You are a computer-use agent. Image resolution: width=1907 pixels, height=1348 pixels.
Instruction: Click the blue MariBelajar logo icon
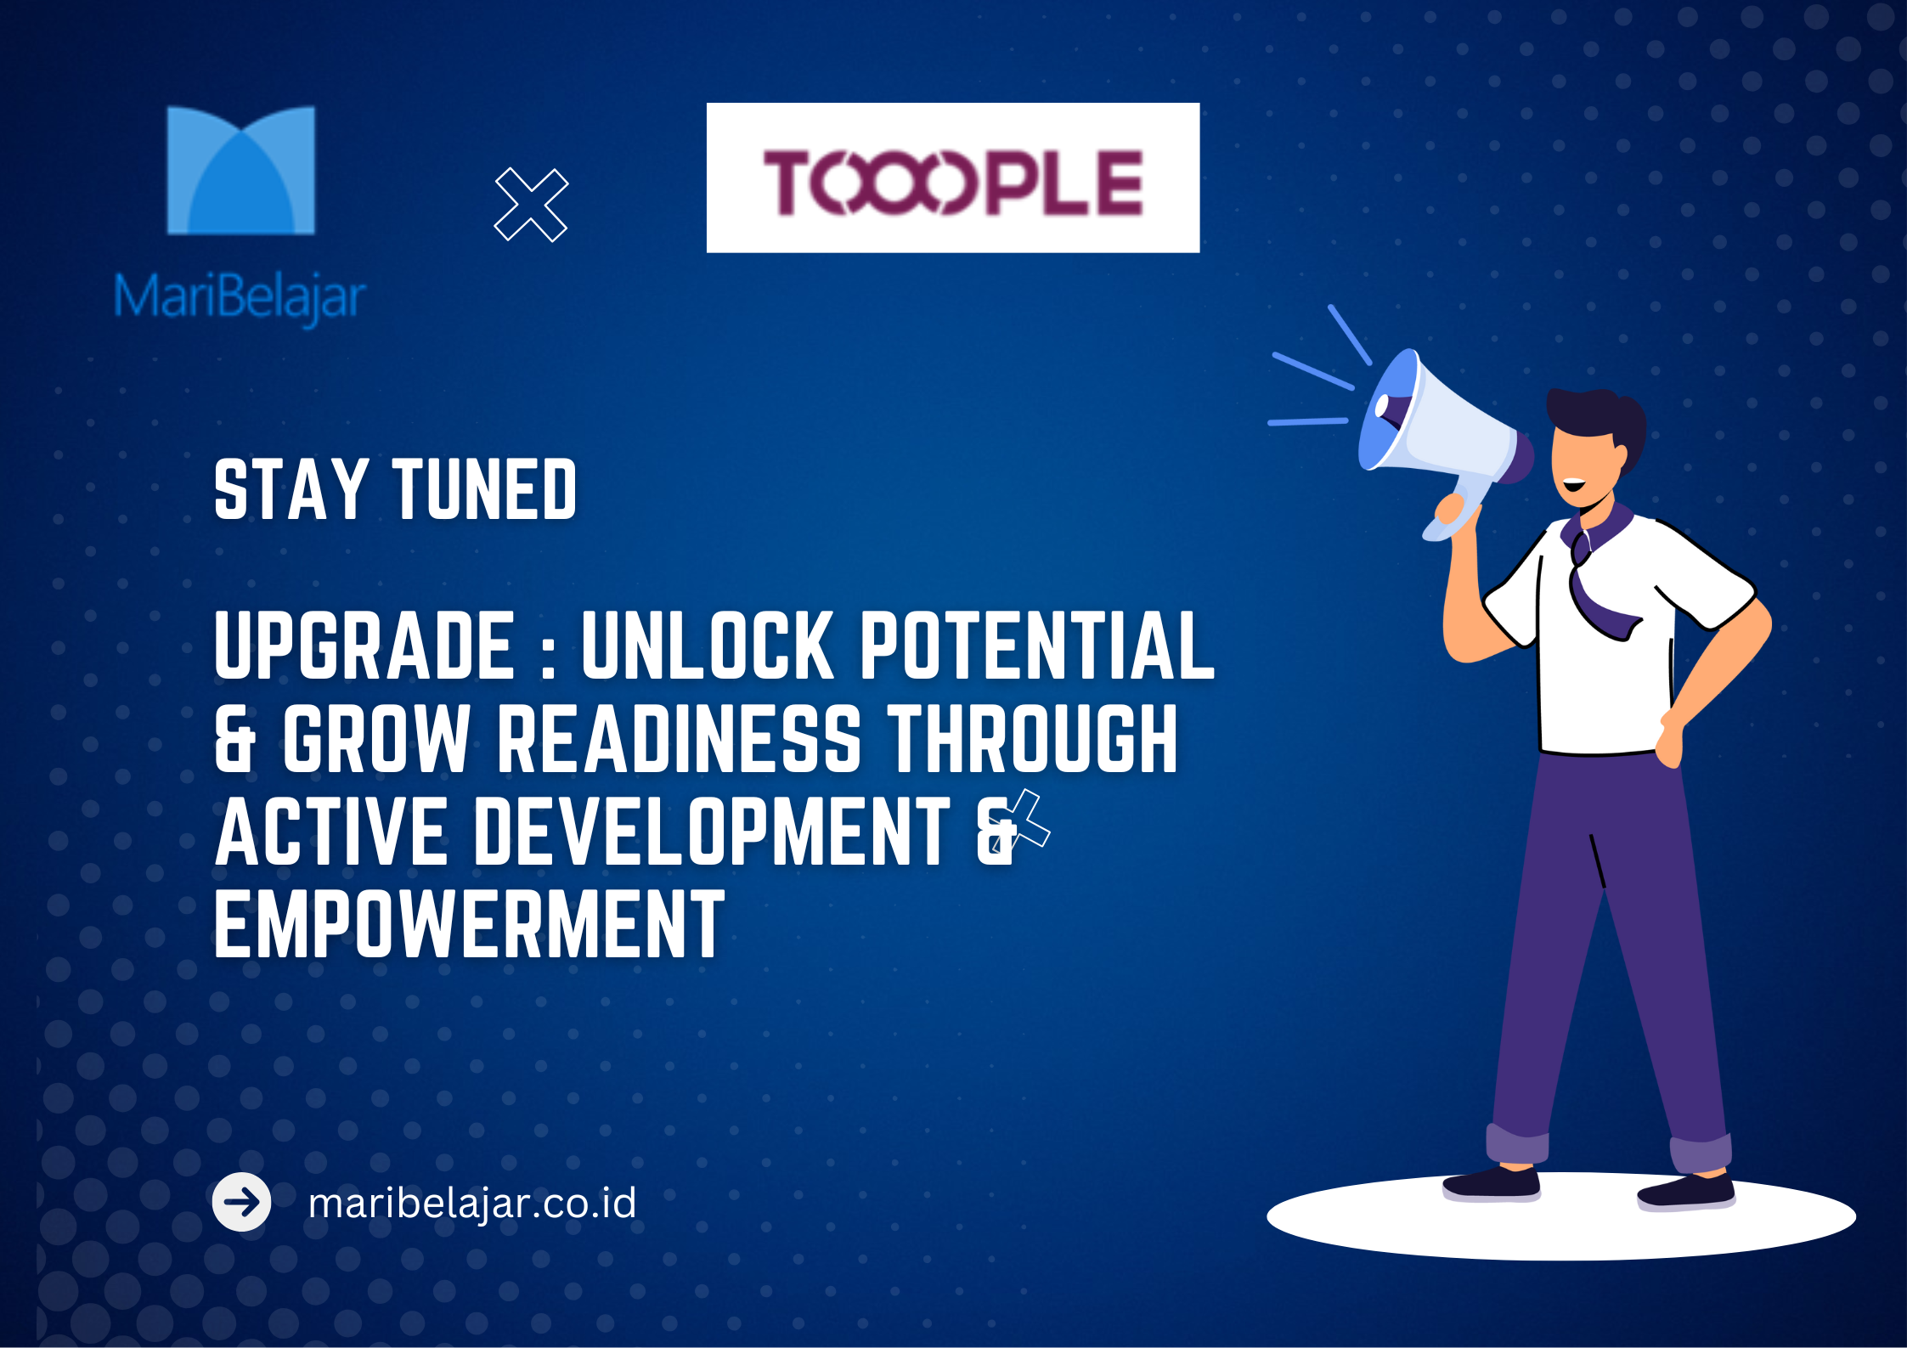click(x=241, y=170)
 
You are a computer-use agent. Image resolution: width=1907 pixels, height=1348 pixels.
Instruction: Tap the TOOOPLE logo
click(x=953, y=178)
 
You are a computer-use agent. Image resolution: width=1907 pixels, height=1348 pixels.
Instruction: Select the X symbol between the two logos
click(x=531, y=205)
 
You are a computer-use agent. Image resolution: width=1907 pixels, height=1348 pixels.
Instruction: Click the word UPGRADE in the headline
click(x=365, y=646)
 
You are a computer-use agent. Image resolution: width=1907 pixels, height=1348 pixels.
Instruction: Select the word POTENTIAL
click(x=1037, y=646)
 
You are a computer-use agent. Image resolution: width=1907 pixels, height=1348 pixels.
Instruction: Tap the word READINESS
click(x=679, y=738)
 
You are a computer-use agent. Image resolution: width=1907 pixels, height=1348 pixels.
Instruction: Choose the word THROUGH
click(x=1033, y=738)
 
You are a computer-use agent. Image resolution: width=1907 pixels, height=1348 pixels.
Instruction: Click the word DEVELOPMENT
click(x=712, y=832)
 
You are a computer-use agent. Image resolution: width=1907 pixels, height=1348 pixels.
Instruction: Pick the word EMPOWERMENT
click(x=470, y=924)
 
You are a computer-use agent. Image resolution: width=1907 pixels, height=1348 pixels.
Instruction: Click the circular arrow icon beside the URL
click(x=242, y=1202)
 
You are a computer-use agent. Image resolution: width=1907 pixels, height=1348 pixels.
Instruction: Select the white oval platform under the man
click(x=1561, y=1215)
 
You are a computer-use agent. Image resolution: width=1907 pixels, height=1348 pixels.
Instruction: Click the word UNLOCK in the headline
click(x=708, y=646)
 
